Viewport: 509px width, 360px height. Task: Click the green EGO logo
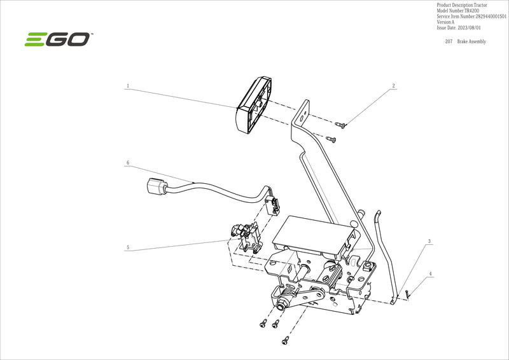coord(58,39)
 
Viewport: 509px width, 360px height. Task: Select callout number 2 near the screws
coord(393,85)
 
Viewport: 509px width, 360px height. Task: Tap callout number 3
coord(429,242)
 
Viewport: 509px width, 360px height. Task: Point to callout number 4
coord(431,274)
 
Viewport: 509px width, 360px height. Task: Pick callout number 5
coord(128,247)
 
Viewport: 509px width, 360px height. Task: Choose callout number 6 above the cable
coord(128,163)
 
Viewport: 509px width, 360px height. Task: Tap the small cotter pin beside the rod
coord(407,293)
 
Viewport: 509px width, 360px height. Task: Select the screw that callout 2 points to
coord(340,125)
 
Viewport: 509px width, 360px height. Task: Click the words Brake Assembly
coord(471,41)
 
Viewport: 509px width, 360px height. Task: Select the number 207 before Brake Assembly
coord(449,41)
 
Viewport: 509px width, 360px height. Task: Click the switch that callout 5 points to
coord(245,237)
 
